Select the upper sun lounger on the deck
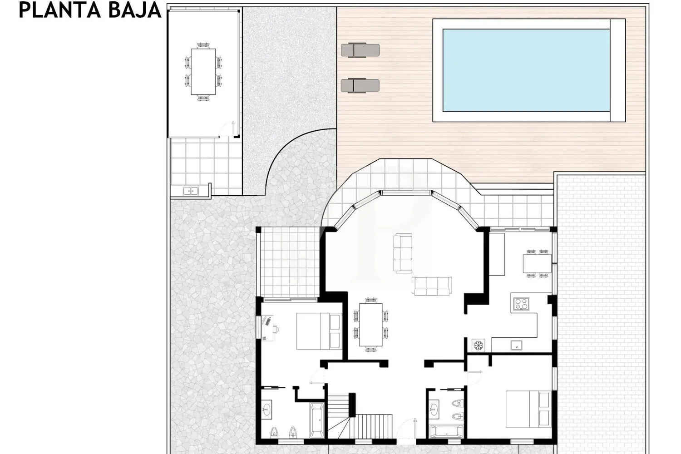click(360, 50)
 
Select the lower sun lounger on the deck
click(360, 85)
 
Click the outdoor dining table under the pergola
click(203, 71)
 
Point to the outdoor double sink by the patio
click(191, 191)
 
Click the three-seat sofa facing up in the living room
click(432, 286)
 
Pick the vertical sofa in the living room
click(403, 253)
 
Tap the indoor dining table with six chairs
click(370, 324)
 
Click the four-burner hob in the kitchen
click(521, 304)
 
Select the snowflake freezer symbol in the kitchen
click(478, 345)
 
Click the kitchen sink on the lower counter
click(516, 345)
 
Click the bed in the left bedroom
click(319, 331)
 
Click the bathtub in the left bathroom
click(316, 420)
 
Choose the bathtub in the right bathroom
click(444, 432)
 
